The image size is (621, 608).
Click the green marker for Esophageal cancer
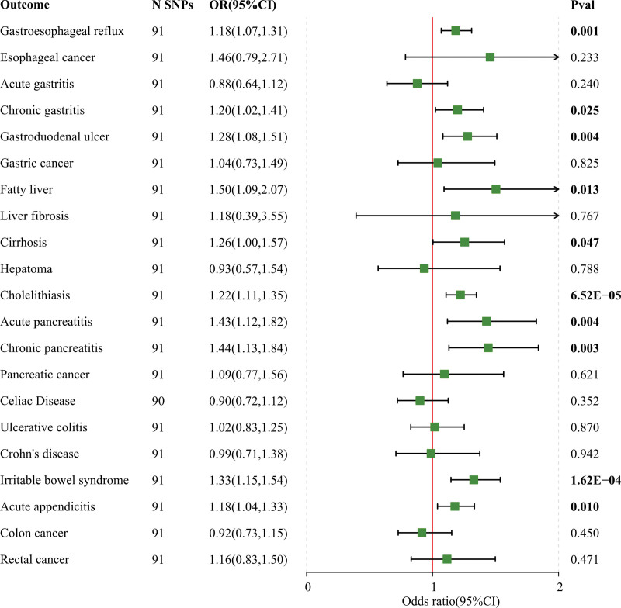pos(490,57)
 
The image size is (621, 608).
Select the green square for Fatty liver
pos(495,189)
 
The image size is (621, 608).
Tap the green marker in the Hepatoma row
pos(424,268)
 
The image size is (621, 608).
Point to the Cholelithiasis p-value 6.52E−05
pos(595,295)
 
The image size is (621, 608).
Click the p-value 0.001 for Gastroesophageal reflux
pos(585,31)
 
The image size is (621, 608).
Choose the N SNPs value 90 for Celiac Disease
pos(158,401)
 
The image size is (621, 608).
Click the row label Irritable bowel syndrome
pos(64,480)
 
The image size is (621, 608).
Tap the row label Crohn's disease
pos(40,454)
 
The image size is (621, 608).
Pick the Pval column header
pos(582,5)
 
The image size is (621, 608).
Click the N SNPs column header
pos(172,5)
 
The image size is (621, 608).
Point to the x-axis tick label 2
pos(559,587)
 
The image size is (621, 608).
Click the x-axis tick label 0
pos(307,587)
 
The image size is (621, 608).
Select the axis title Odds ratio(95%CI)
pos(451,601)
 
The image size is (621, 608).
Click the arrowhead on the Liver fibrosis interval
pos(557,216)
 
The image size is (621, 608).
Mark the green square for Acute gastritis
pos(417,84)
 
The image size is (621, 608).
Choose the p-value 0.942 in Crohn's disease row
pos(585,454)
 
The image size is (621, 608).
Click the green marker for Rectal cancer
pos(447,559)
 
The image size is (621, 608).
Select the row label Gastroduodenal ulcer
pos(54,136)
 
